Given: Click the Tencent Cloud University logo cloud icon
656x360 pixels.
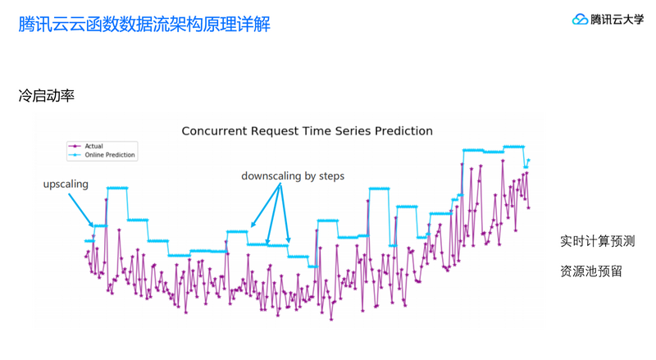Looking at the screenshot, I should tap(580, 18).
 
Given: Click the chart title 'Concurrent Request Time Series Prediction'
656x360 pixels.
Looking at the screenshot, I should tap(307, 131).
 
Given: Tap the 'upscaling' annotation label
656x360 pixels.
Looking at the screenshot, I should tap(66, 184).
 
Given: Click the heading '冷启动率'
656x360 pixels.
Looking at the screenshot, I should tap(47, 96).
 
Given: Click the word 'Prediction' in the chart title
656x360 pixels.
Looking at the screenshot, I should tap(402, 131).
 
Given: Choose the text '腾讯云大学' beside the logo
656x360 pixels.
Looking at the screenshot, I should tap(617, 19).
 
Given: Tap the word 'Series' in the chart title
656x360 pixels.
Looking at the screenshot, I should tap(348, 131).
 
